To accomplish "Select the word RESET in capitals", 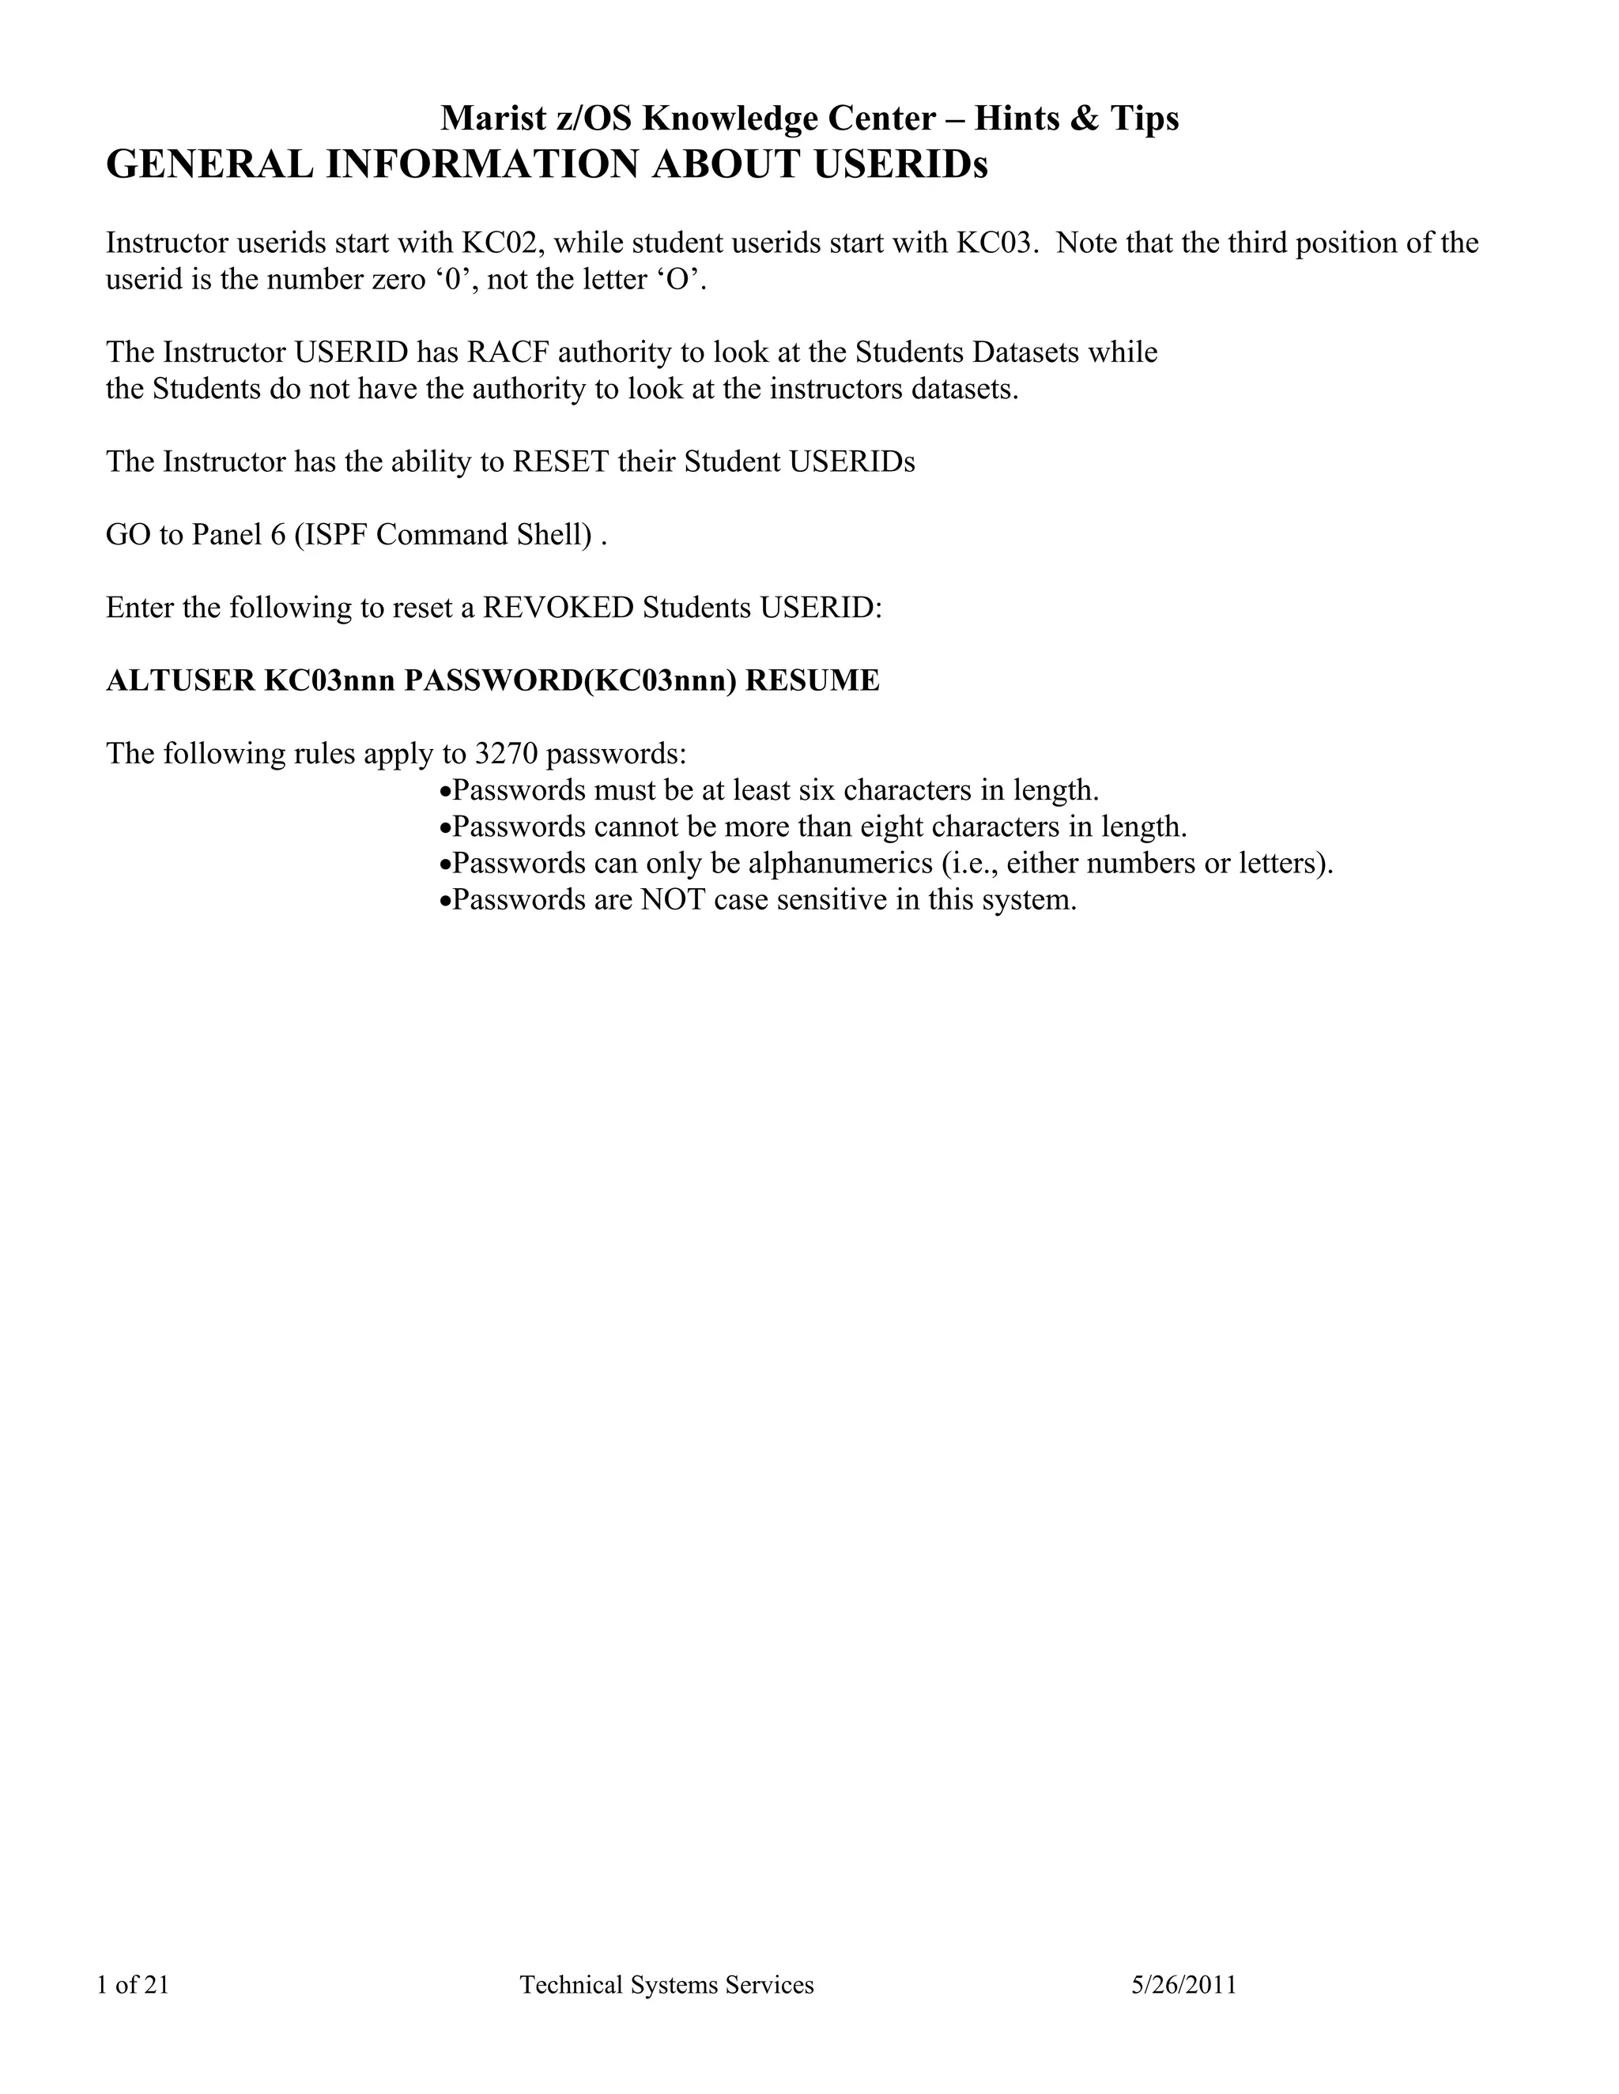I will point(561,462).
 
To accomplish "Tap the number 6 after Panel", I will point(278,535).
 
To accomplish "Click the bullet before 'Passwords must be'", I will point(444,792).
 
